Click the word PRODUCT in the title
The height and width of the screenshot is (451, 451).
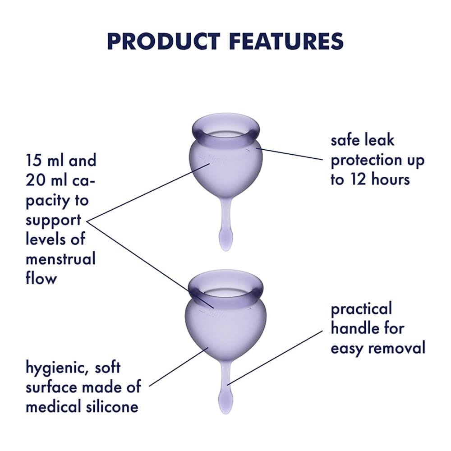[164, 41]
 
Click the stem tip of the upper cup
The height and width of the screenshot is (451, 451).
[225, 244]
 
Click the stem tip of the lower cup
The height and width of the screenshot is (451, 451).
[225, 399]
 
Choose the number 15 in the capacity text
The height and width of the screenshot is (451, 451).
[36, 161]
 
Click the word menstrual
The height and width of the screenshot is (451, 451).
[60, 259]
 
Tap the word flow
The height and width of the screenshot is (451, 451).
[41, 278]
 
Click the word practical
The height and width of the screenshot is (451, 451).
[361, 309]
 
